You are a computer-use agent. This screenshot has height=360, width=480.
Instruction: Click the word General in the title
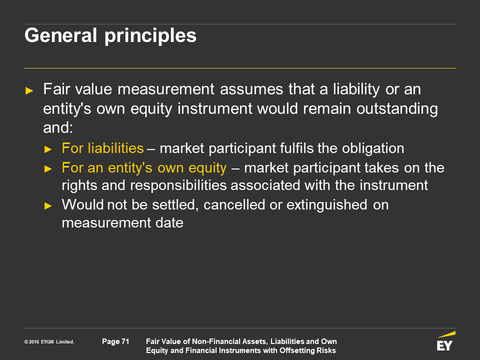click(60, 35)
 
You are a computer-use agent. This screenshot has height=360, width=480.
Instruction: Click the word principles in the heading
click(150, 36)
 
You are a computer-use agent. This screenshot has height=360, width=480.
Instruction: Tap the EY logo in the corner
click(445, 341)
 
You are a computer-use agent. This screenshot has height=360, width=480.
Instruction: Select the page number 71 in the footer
click(125, 341)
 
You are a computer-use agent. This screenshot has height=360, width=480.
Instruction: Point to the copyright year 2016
click(34, 342)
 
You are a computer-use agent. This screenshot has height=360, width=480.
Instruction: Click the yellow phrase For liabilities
click(102, 148)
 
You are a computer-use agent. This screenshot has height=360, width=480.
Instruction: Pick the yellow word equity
click(207, 168)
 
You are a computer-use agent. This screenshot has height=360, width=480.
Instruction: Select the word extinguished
click(326, 205)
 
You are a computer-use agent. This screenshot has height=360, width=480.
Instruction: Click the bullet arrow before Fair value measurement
click(29, 90)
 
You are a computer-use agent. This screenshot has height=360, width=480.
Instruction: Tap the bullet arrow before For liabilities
click(48, 149)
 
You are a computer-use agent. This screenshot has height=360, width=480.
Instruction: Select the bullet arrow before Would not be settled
click(48, 205)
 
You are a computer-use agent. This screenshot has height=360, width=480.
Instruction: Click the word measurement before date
click(106, 223)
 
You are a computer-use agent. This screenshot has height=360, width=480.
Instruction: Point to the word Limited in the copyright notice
click(65, 342)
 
